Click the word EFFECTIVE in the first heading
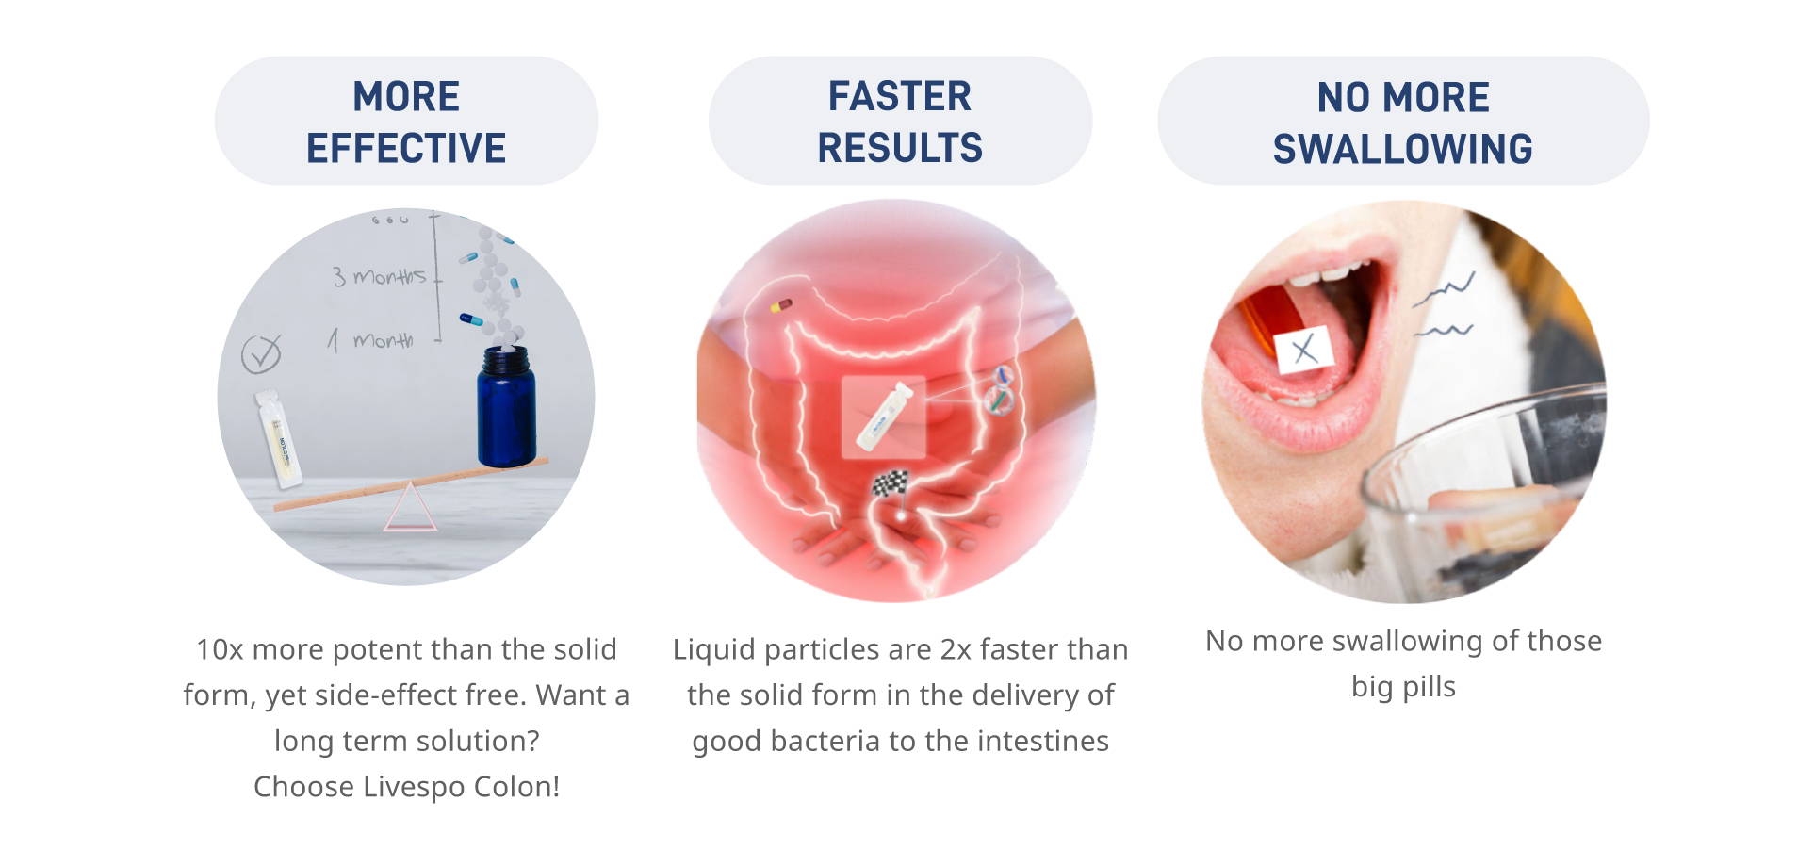click(406, 148)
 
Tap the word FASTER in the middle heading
click(900, 96)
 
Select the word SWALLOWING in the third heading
click(1403, 149)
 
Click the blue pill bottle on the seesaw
click(506, 406)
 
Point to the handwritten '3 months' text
click(379, 276)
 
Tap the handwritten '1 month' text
click(370, 339)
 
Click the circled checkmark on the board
click(261, 354)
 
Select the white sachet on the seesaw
click(279, 439)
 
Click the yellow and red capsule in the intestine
click(781, 305)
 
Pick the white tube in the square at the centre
click(884, 416)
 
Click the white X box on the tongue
click(1303, 350)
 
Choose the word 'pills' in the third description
click(1429, 687)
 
